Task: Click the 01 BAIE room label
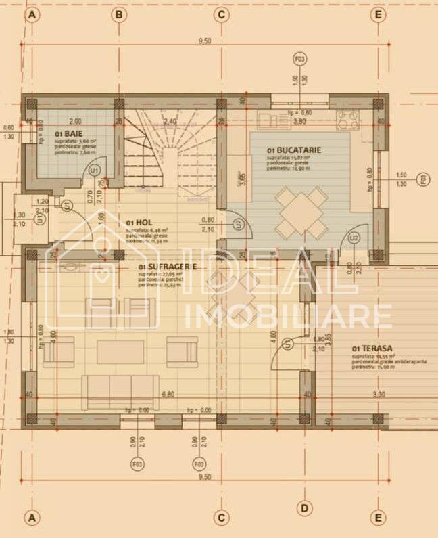click(x=68, y=135)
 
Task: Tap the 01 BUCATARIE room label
click(x=294, y=150)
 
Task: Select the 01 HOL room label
click(x=138, y=222)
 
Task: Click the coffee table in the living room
click(x=120, y=352)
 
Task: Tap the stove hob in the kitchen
click(x=349, y=120)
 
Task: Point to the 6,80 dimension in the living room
click(x=166, y=394)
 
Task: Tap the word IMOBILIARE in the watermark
click(x=288, y=316)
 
